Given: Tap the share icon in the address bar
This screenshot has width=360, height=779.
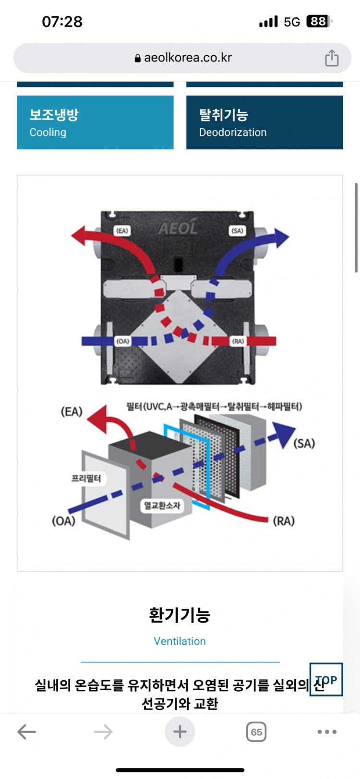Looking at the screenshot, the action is (332, 58).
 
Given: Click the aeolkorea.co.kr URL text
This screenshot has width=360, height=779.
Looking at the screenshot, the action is (188, 58).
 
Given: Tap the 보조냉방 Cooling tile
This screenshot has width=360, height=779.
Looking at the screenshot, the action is (95, 122).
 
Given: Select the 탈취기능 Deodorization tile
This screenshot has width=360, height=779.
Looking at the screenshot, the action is (264, 122).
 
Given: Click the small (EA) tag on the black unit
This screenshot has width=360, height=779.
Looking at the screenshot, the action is (122, 230).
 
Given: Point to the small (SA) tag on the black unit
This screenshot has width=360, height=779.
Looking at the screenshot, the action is (238, 230).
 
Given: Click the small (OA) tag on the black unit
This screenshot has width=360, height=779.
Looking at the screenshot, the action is (123, 341).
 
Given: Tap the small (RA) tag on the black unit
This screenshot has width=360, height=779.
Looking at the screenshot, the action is (238, 341).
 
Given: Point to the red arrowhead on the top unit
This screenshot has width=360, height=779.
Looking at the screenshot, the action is (79, 236).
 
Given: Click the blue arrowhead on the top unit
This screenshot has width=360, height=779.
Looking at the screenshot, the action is (281, 238).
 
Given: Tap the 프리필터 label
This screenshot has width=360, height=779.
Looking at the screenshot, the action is (86, 479).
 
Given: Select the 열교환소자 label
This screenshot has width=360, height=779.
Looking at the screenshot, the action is (162, 505).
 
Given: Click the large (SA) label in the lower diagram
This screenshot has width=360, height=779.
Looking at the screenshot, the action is (304, 443).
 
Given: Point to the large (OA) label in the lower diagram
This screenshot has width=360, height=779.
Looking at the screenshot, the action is (63, 521).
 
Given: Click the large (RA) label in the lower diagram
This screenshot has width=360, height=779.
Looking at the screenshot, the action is (284, 521).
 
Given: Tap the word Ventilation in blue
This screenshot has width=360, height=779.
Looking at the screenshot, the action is (180, 641).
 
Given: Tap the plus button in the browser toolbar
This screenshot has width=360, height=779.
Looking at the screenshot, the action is (180, 731).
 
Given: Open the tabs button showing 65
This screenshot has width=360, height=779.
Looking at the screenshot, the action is (256, 731).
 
